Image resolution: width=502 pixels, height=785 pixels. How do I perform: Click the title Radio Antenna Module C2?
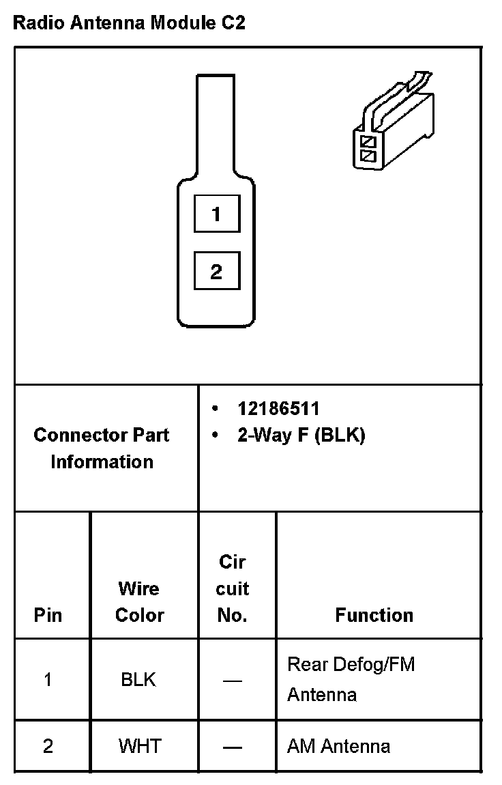pos(130,23)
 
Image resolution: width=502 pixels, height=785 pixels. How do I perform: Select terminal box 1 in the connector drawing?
pos(216,214)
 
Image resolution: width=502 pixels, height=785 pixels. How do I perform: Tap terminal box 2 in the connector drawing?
pos(216,272)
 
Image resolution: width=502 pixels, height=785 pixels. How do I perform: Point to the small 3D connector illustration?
pos(393,123)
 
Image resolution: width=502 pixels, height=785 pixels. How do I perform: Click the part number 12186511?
pos(278,408)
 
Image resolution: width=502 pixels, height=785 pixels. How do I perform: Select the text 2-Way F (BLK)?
pos(301,435)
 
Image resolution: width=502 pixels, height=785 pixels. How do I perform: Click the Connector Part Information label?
pos(102,448)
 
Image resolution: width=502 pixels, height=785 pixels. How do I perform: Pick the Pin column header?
pos(48,615)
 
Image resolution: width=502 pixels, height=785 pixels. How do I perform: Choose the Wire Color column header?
pos(139,601)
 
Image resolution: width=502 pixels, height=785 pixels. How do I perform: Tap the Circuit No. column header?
pos(233,588)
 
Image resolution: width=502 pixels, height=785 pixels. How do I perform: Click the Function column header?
pos(374,615)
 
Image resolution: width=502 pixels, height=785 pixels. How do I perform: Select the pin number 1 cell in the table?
pos(48,680)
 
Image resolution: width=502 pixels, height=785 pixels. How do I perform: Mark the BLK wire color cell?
pos(138,680)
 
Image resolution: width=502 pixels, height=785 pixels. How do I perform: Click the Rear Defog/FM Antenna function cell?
pos(351,679)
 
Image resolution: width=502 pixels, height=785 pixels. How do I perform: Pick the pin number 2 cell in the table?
pos(48,745)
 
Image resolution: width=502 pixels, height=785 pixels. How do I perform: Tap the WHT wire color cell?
pos(139,745)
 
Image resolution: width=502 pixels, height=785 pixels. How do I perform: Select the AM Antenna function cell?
pos(338,745)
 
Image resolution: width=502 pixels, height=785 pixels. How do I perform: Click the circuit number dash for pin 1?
pos(233,681)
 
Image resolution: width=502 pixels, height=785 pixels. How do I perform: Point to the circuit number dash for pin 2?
pos(233,746)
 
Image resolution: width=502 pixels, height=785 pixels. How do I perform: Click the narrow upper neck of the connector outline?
pos(216,123)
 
